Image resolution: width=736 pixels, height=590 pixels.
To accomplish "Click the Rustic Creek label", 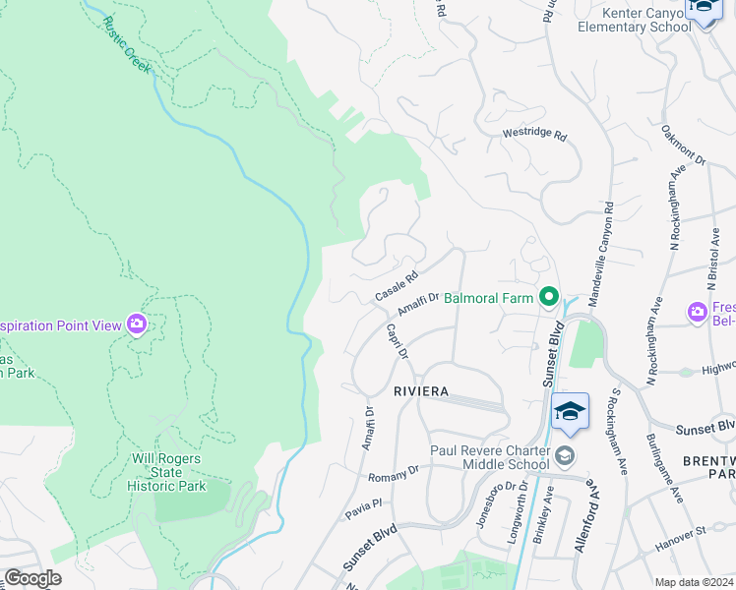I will click(x=123, y=40).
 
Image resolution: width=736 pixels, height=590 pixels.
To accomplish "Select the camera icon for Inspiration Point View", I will click(x=137, y=324).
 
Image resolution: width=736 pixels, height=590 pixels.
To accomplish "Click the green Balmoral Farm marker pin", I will click(x=548, y=296).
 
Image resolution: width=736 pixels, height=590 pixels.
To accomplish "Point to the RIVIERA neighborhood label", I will click(x=421, y=391).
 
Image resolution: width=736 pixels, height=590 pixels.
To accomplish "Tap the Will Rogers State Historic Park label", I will click(x=165, y=472).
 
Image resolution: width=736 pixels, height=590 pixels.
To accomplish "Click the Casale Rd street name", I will click(x=397, y=287).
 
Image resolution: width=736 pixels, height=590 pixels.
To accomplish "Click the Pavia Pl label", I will click(x=362, y=508).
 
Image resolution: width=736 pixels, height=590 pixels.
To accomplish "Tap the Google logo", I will click(x=32, y=577).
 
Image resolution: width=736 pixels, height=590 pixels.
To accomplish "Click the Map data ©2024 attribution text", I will click(x=694, y=582).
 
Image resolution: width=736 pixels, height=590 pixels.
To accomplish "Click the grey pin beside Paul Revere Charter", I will click(x=565, y=454).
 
